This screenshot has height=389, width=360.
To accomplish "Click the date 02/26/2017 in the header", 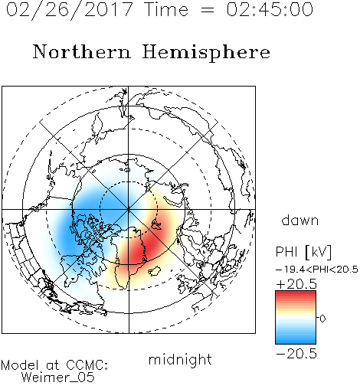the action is [x=70, y=10].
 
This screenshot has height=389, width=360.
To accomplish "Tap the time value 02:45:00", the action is [x=270, y=9].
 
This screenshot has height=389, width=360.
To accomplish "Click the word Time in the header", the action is [x=166, y=9].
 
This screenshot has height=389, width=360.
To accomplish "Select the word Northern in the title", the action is [x=82, y=51].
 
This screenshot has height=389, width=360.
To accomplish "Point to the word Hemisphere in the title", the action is [x=206, y=53].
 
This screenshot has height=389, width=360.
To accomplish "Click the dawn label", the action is [x=300, y=220].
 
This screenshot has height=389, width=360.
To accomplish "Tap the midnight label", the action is [x=180, y=359].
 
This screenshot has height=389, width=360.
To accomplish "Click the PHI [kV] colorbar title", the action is [x=303, y=252].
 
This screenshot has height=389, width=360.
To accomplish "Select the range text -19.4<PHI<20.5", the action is [x=317, y=270].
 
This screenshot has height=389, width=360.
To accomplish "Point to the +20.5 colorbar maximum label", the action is [x=296, y=284].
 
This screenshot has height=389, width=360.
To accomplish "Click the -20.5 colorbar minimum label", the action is [x=296, y=354].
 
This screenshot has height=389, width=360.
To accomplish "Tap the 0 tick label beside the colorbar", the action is [x=322, y=319].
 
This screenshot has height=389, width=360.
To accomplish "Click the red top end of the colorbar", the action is [x=296, y=293].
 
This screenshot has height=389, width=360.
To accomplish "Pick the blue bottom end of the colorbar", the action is [x=296, y=342].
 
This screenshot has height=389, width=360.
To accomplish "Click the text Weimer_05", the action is [x=58, y=378].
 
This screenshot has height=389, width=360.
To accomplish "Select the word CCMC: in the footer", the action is [x=87, y=365].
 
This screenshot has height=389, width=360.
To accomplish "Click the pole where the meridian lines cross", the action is [x=129, y=210].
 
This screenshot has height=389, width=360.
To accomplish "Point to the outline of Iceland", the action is [x=155, y=271].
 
